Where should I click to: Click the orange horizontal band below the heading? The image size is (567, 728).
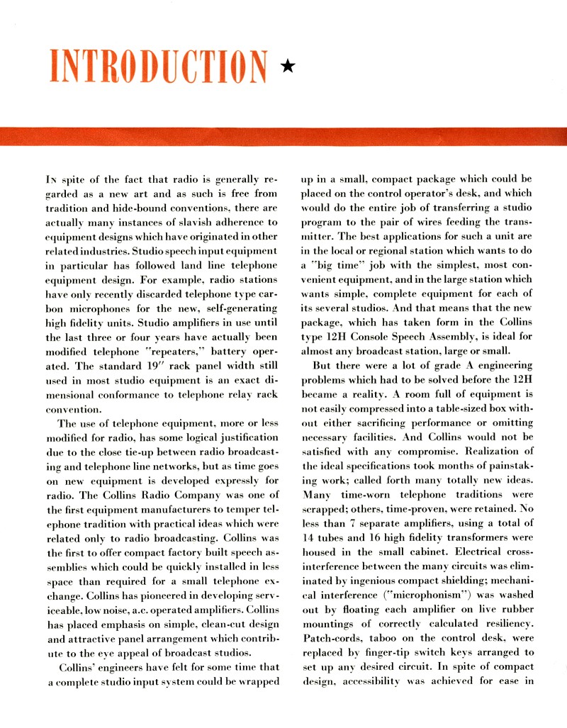tap(283, 136)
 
